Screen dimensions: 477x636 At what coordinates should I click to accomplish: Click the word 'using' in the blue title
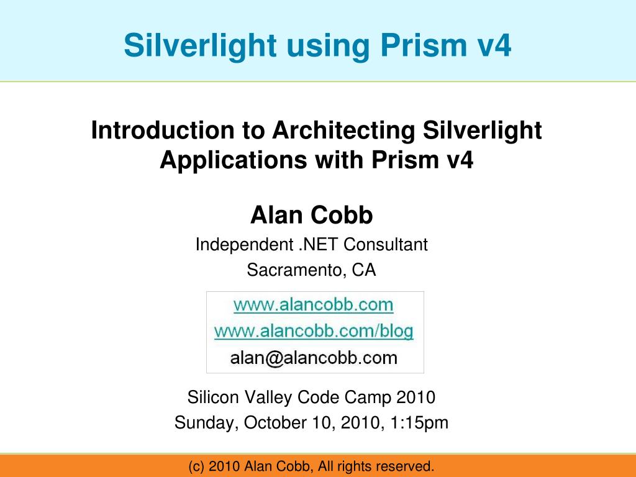(313, 46)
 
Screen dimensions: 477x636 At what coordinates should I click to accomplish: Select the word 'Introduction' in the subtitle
(162, 130)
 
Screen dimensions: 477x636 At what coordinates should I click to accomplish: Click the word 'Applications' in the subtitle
(232, 160)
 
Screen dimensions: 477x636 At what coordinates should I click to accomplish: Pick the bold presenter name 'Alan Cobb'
(312, 216)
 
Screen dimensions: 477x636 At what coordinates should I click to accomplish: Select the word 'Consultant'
(386, 245)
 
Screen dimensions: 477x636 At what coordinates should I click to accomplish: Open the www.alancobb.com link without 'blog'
(313, 305)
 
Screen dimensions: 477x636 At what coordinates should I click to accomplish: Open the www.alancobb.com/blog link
(314, 331)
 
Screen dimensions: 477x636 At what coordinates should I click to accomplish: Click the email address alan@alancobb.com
(314, 358)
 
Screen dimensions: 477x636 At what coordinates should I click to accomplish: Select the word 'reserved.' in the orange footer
(406, 466)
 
